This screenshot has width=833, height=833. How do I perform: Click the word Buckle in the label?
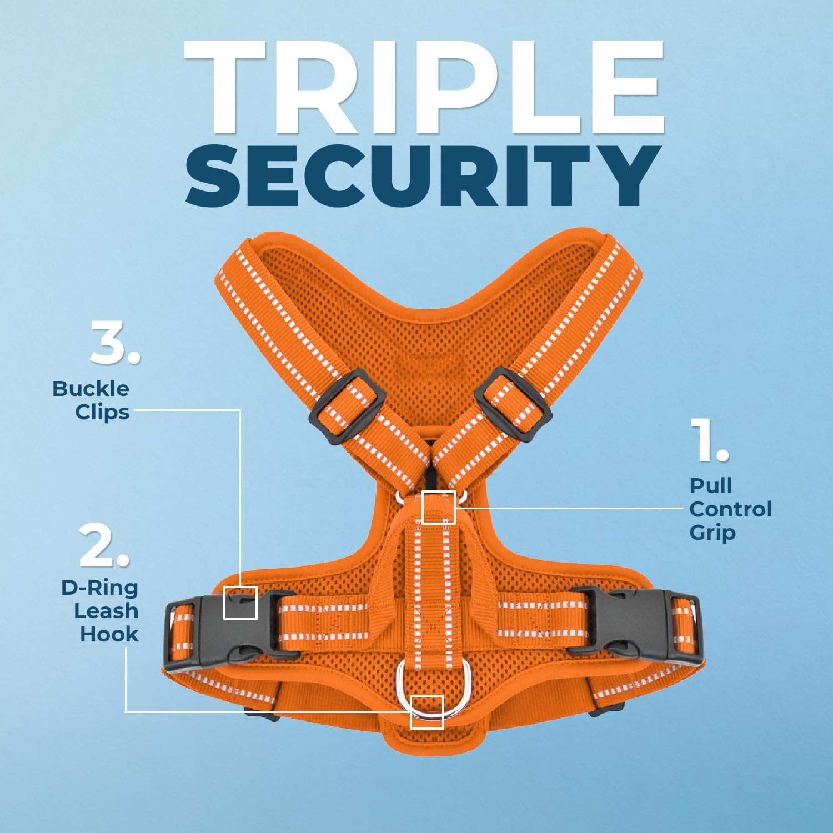(91, 389)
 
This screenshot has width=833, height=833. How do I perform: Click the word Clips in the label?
(102, 412)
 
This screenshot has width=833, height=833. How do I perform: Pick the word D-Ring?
(99, 587)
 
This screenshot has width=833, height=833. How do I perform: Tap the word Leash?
(106, 610)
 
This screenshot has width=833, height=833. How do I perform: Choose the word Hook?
(109, 634)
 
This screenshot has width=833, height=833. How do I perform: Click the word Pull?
(711, 485)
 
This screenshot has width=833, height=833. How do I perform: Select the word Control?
(730, 509)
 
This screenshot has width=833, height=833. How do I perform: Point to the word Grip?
(712, 532)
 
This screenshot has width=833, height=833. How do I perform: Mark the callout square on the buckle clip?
(240, 603)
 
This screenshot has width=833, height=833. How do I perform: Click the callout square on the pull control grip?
(439, 507)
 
